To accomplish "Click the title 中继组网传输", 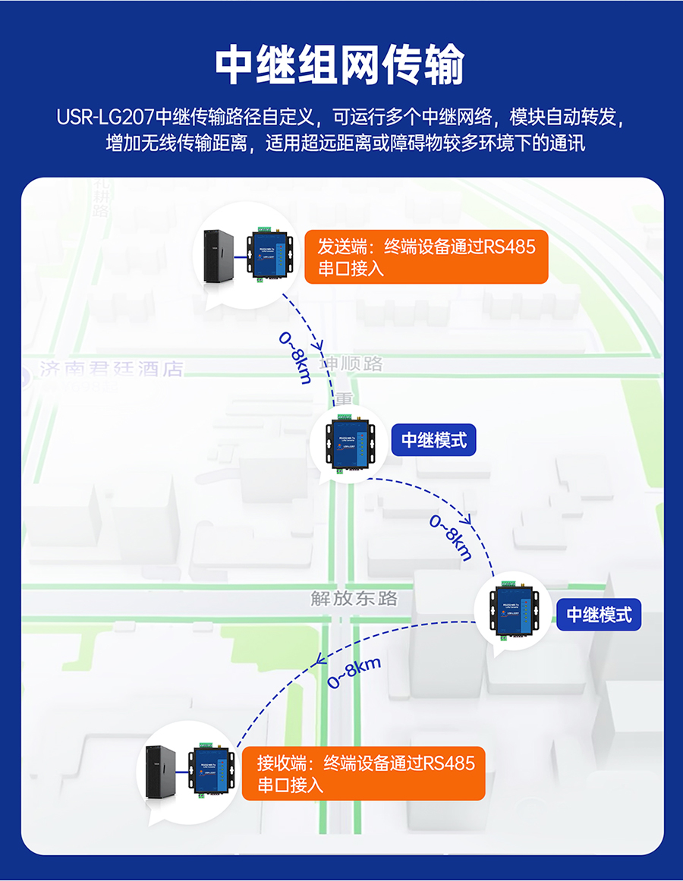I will [x=339, y=67].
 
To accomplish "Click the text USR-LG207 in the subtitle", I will [x=105, y=118].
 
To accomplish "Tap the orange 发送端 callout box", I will [x=426, y=257].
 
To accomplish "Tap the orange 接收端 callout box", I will [x=364, y=773].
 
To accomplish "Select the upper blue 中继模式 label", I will [x=433, y=439].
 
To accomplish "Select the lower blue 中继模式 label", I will [x=599, y=614].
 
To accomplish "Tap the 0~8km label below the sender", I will [x=295, y=357].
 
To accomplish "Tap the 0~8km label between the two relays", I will [x=451, y=537].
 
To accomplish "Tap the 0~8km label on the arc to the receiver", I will [x=354, y=672].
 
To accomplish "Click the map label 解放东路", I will [x=354, y=598].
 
